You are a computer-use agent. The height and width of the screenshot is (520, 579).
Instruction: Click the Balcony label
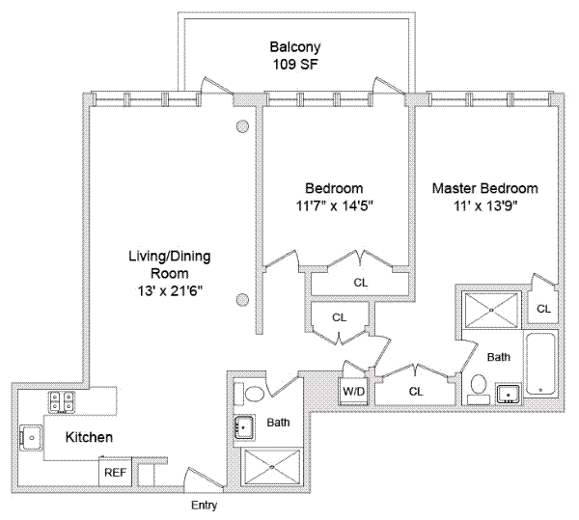294,47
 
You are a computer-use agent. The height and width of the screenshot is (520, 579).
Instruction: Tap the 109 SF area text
294,65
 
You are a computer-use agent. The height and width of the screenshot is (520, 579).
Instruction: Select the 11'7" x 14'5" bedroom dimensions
334,205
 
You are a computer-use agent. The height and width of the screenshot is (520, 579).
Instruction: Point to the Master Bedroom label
484,188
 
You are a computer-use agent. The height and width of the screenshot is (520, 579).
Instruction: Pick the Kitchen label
89,437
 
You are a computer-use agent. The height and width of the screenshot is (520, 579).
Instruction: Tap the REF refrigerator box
114,473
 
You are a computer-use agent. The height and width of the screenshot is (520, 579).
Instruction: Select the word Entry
204,505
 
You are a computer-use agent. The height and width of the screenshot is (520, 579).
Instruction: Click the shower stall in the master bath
490,309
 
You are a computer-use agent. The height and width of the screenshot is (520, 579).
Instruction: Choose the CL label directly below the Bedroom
360,283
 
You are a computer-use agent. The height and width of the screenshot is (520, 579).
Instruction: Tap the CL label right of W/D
416,391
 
